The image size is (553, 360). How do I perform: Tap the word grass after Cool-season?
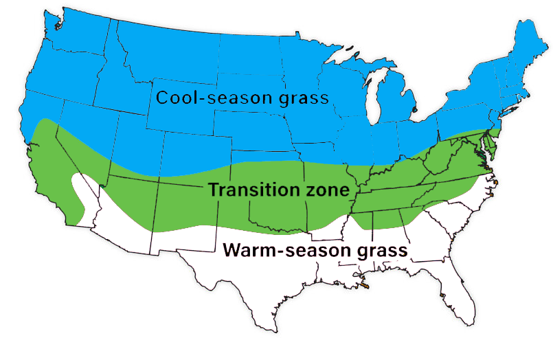point(302,98)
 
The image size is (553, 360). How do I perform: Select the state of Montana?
point(165,52)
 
